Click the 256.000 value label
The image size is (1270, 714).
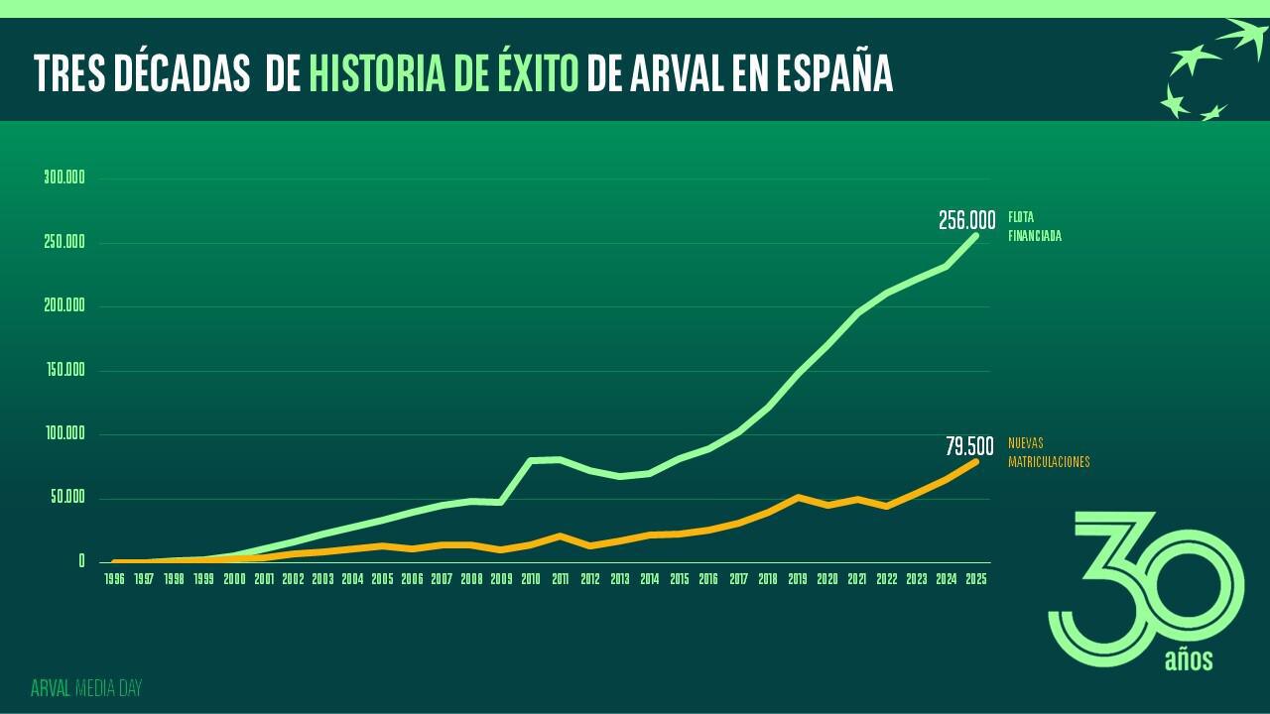pyautogui.click(x=966, y=220)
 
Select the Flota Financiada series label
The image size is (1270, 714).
pyautogui.click(x=1035, y=226)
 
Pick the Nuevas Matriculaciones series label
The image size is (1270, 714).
pyautogui.click(x=1049, y=452)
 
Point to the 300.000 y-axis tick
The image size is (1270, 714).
pyautogui.click(x=65, y=178)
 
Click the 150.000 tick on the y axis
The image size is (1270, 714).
pyautogui.click(x=65, y=370)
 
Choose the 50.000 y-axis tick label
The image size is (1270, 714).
pyautogui.click(x=67, y=498)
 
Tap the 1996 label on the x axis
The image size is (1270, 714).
pyautogui.click(x=115, y=579)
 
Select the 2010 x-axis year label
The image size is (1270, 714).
pyautogui.click(x=531, y=579)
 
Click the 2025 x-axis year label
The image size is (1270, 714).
pyautogui.click(x=976, y=579)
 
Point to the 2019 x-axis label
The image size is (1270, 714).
pyautogui.click(x=799, y=579)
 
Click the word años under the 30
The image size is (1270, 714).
pyautogui.click(x=1188, y=659)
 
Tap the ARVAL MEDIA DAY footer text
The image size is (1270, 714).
pyautogui.click(x=86, y=688)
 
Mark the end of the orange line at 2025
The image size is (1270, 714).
pyautogui.click(x=976, y=461)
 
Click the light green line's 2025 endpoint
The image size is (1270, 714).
pyautogui.click(x=976, y=235)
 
